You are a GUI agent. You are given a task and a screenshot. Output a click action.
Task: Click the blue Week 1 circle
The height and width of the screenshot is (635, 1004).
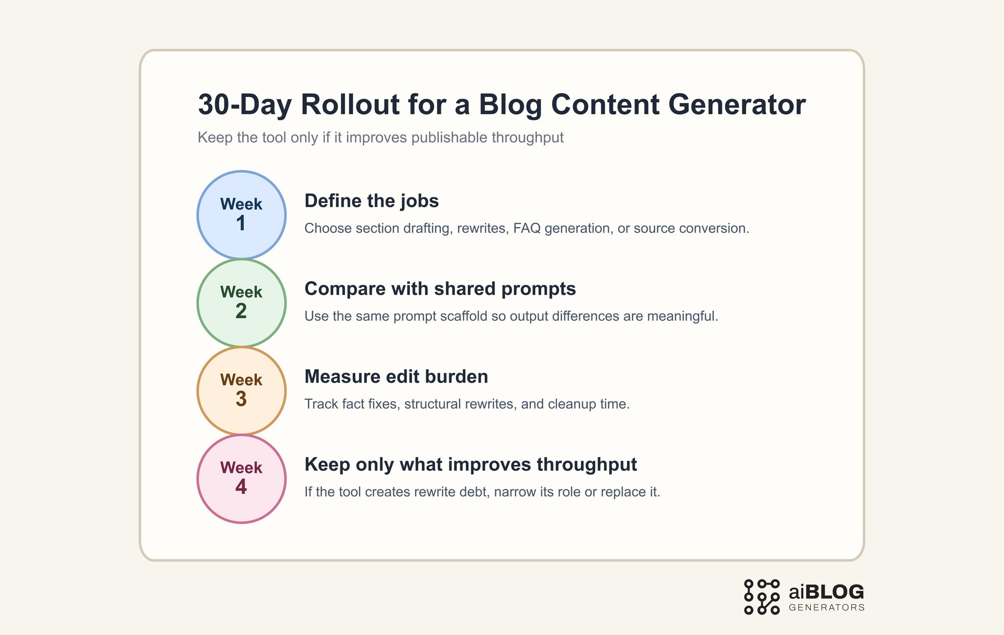coord(241,215)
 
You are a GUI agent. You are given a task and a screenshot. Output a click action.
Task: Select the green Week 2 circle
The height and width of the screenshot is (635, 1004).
coord(241,303)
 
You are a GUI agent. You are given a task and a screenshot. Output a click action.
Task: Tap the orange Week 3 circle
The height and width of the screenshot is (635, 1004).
coord(241,390)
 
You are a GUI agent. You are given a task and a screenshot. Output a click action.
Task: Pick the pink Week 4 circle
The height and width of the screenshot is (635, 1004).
coord(241,479)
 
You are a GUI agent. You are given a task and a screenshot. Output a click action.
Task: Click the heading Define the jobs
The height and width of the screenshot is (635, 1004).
coord(371,201)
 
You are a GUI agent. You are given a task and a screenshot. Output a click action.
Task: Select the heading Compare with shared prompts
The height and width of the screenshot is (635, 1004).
coord(440,289)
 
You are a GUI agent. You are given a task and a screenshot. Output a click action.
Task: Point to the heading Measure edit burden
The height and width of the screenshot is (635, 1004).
coord(396,377)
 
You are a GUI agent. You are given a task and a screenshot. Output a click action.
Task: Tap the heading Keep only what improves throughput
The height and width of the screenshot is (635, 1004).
coord(470,464)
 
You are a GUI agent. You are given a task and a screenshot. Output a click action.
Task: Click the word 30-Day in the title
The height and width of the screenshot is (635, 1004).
coord(245,104)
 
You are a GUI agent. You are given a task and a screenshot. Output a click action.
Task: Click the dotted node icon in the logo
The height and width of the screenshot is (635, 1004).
coord(761,597)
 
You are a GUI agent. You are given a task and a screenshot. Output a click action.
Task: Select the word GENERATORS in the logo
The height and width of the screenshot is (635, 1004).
coord(827,608)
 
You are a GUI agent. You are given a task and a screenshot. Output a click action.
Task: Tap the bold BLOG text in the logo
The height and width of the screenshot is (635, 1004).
coord(834,592)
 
